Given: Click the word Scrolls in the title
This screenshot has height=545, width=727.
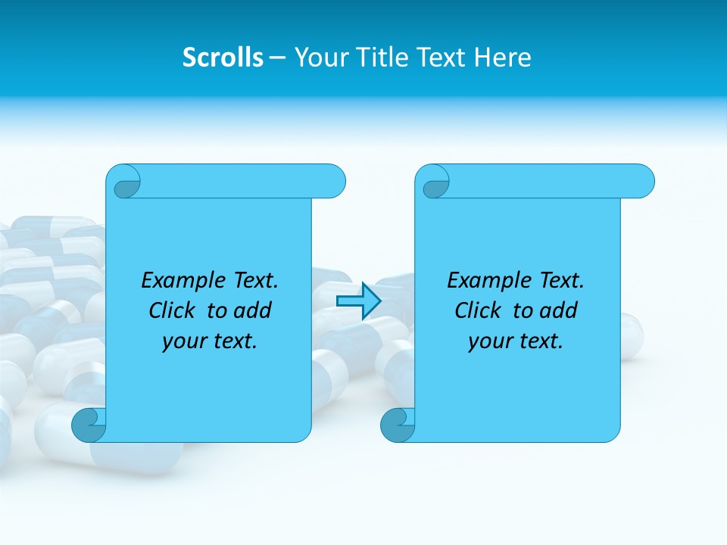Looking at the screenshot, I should (223, 58).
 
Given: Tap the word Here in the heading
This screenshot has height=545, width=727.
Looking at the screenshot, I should (503, 58).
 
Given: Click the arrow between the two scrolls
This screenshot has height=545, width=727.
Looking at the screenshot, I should (358, 301).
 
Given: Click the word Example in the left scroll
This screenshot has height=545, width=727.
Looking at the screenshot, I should (179, 281).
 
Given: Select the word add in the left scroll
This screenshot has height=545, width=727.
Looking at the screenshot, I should (252, 311).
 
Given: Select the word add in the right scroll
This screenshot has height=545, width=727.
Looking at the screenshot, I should (558, 311).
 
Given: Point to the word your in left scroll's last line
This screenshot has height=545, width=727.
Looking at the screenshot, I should (183, 342).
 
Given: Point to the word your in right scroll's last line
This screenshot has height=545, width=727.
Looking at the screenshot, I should (489, 342).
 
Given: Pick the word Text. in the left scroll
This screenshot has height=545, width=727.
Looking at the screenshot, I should (254, 281).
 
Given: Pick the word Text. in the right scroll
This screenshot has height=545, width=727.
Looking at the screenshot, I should (560, 281).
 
